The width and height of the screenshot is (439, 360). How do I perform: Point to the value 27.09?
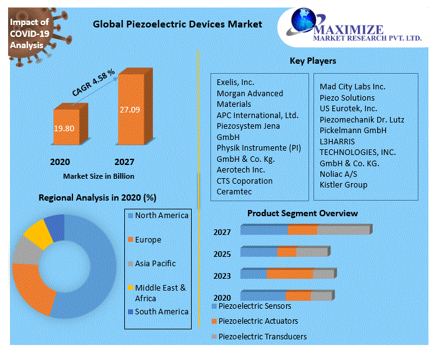130,110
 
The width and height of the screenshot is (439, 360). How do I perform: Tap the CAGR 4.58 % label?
93,82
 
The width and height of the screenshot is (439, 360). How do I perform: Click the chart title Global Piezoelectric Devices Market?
177,24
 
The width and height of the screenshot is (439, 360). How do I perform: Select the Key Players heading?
313,61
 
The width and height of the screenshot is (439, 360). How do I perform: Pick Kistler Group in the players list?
343,185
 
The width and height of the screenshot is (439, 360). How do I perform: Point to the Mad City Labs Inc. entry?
352,87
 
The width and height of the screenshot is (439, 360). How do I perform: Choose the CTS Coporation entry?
245,181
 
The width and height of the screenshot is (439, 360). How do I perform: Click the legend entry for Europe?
148,240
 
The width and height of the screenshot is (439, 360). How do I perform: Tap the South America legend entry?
161,312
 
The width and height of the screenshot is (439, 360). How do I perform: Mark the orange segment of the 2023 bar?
290,274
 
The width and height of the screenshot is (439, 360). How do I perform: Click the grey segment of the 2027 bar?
343,230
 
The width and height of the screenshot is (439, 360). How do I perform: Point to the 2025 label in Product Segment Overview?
222,254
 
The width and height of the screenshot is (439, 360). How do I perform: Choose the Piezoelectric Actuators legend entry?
258,321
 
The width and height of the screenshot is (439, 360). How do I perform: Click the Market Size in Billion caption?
99,176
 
